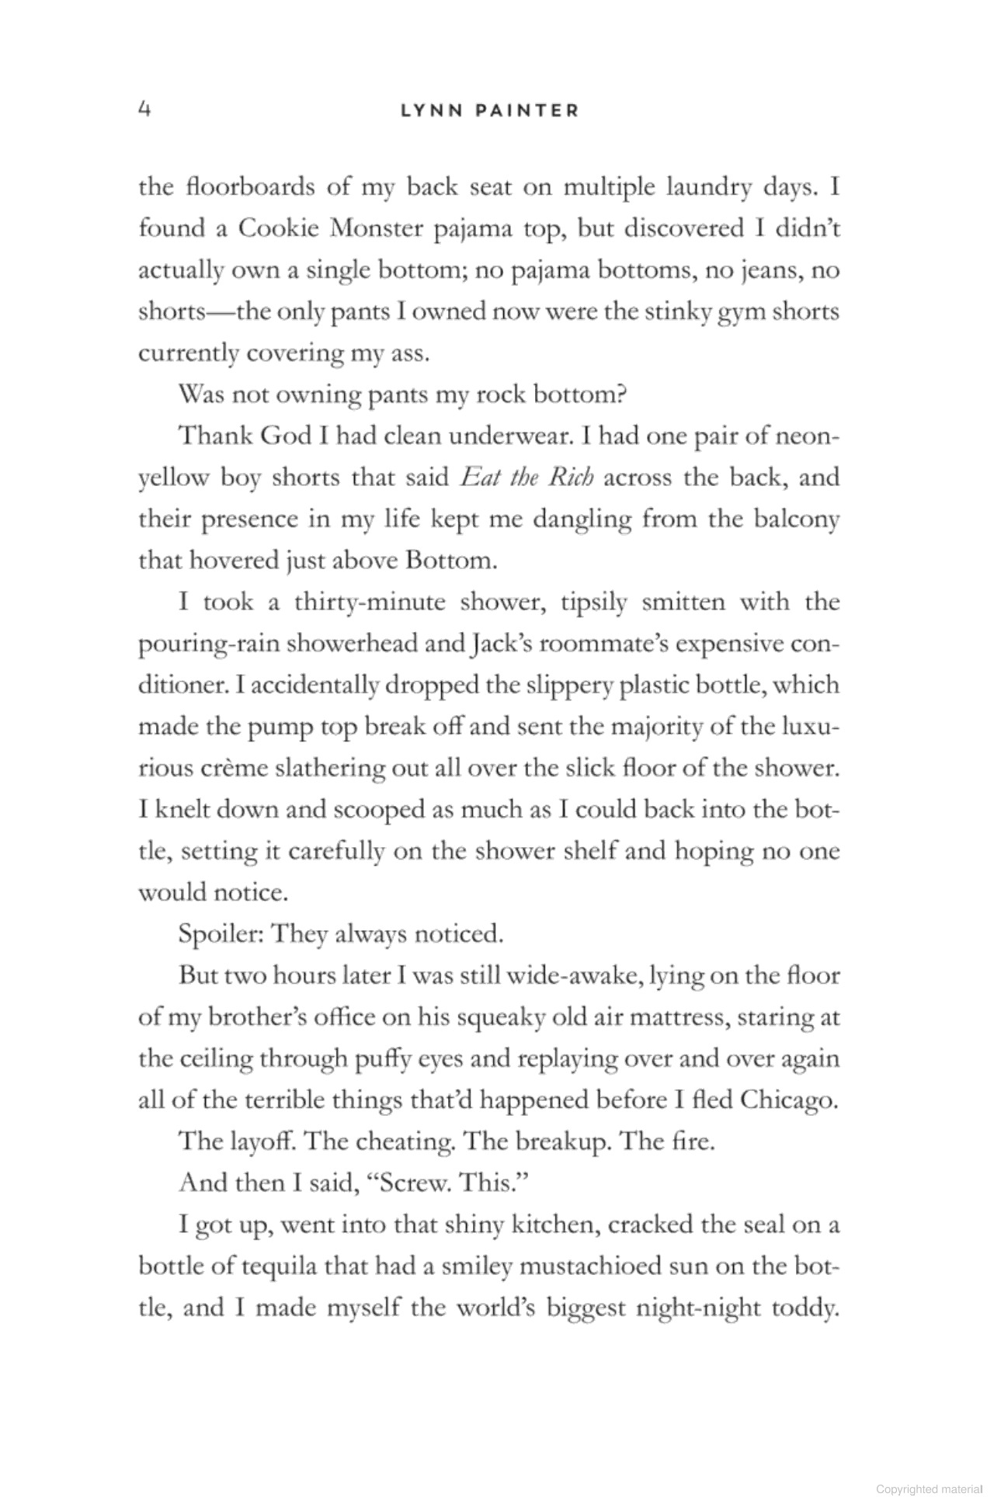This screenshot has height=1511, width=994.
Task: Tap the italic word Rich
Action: pos(571,477)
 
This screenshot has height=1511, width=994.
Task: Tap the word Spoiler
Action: pos(217,934)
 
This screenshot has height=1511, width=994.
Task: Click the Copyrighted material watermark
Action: pos(929,1489)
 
